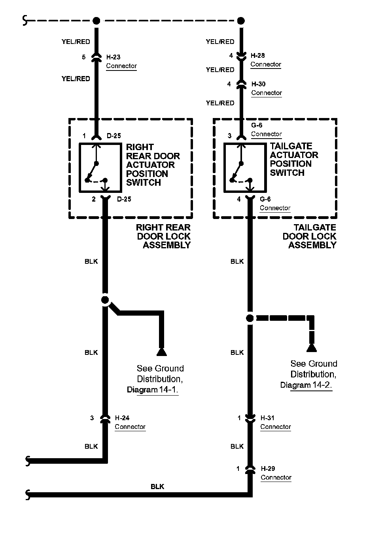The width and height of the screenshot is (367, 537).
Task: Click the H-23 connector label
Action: tap(114, 57)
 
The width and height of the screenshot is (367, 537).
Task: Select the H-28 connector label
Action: tap(258, 56)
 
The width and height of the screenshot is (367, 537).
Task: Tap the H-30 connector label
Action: tap(258, 84)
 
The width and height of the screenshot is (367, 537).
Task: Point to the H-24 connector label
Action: tap(122, 418)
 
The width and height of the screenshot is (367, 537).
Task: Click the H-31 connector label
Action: tap(268, 418)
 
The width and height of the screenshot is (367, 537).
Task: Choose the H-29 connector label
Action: tap(268, 468)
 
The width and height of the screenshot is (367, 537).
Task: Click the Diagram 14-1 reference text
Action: tap(152, 390)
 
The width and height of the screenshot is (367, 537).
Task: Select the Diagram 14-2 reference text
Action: tap(306, 385)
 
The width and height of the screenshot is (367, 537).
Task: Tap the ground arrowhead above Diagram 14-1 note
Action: tap(161, 351)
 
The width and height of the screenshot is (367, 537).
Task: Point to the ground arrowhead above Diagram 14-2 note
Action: tap(312, 348)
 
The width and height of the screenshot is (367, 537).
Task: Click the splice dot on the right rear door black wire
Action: tap(105, 300)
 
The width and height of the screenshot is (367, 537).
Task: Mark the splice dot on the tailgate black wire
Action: tap(250, 318)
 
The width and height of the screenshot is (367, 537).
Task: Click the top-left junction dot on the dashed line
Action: tap(96, 21)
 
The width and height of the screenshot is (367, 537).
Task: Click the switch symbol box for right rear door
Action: tap(100, 168)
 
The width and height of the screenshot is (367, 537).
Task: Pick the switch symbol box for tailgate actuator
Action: tap(245, 168)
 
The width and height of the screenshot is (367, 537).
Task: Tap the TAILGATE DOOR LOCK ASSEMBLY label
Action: tap(310, 236)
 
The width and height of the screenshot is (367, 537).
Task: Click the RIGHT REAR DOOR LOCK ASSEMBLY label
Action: tap(163, 236)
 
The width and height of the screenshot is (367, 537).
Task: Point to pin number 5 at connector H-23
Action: tap(84, 57)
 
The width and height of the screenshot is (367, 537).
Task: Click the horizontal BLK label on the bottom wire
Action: tap(157, 486)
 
